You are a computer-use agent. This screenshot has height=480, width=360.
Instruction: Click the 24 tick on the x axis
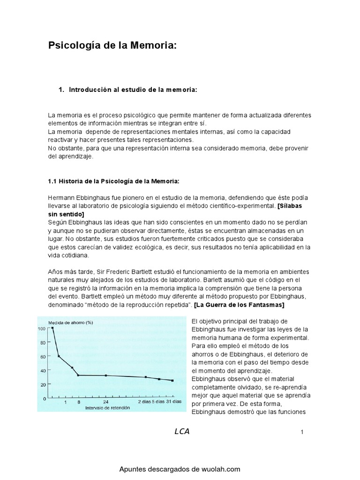pos(106,402)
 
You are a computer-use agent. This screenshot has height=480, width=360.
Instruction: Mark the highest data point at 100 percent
pos(52,328)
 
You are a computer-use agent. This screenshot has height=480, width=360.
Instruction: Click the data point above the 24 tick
pos(106,375)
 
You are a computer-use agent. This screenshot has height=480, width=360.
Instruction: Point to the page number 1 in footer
pos(302,433)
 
